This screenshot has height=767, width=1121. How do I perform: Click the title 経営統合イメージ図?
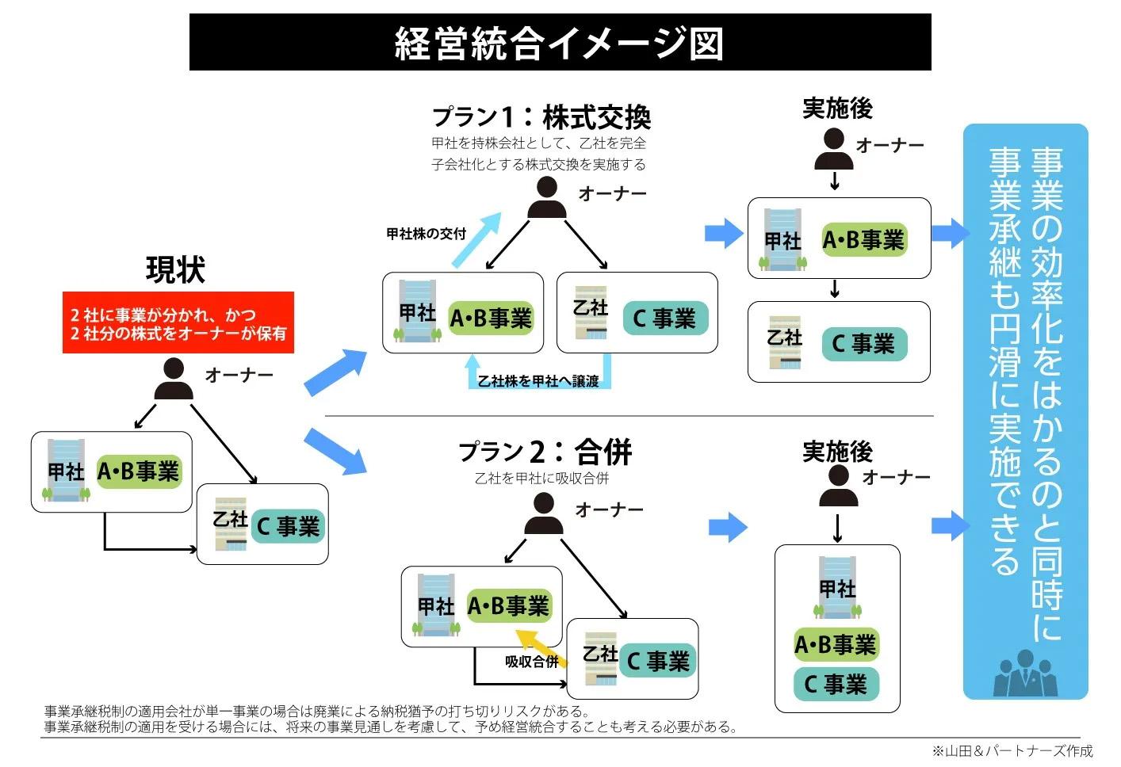click(560, 43)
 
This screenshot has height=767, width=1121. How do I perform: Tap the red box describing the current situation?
click(178, 323)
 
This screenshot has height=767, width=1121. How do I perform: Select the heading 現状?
click(175, 270)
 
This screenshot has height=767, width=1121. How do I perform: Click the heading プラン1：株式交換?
click(541, 117)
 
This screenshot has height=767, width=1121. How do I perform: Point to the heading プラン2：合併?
click(545, 452)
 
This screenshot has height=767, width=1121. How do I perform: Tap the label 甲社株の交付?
click(426, 234)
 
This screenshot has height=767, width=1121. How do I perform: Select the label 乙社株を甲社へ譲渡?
click(538, 382)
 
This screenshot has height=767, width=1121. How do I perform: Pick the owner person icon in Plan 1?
click(546, 198)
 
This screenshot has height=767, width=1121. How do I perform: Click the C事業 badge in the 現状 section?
click(288, 526)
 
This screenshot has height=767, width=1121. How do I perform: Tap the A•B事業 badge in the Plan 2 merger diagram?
click(508, 606)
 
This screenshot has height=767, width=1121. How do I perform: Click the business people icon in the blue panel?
click(1025, 674)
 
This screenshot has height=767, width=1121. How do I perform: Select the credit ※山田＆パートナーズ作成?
click(1012, 750)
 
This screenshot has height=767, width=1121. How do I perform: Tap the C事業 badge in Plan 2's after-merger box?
click(836, 684)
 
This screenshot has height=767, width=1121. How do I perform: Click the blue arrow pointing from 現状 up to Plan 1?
click(335, 372)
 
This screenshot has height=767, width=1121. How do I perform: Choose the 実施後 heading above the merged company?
click(837, 452)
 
